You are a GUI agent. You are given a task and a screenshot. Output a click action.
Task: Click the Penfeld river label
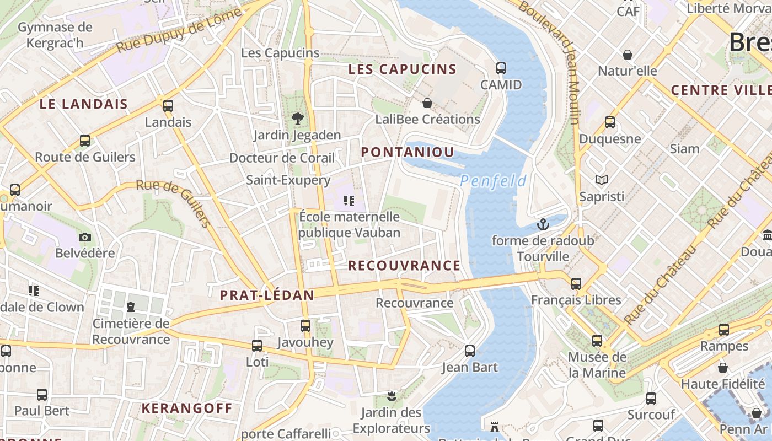tap(493, 181)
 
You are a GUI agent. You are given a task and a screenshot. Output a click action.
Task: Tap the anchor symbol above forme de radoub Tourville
tap(543, 224)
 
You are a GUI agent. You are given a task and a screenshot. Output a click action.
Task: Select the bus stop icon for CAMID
tap(501, 68)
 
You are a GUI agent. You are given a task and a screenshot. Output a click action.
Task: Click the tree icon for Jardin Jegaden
tap(297, 118)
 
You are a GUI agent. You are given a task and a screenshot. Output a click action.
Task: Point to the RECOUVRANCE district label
tap(404, 266)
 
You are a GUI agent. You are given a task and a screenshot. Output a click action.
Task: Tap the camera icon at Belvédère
tap(84, 237)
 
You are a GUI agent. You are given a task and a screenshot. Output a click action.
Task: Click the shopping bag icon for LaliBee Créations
tap(427, 103)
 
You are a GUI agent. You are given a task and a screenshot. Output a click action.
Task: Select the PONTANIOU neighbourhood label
tap(408, 153)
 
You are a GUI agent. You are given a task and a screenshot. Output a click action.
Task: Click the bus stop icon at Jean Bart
tap(469, 351)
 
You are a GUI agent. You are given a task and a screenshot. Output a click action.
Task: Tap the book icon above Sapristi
tap(601, 180)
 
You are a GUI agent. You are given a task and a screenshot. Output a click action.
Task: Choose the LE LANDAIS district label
tap(84, 104)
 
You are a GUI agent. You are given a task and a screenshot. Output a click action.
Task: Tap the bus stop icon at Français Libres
tap(576, 284)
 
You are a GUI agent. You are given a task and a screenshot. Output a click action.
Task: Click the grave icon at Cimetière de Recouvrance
tap(131, 306)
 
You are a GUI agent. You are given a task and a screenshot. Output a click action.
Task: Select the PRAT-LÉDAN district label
tap(267, 295)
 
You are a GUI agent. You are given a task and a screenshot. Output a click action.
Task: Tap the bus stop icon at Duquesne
tap(609, 122)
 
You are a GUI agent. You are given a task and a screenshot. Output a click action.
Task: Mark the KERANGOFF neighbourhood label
tap(187, 408)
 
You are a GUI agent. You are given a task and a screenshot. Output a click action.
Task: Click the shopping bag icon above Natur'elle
tap(627, 55)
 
